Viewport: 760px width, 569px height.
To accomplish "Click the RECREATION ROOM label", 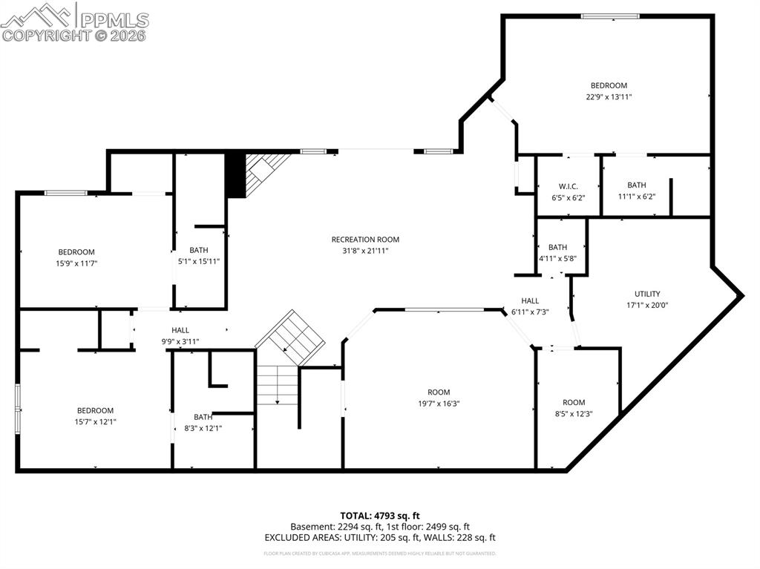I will pos(365,240).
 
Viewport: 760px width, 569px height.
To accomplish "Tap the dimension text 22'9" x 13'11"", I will pos(609,96).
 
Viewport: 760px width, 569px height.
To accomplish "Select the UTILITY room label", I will pos(646,294).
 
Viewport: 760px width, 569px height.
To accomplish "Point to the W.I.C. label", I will pos(568,186).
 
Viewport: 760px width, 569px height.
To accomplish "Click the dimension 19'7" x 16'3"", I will pos(438,404).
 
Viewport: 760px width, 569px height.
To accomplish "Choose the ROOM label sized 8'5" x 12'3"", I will pos(574,403).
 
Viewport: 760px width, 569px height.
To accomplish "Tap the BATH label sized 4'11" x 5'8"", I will pos(557,248).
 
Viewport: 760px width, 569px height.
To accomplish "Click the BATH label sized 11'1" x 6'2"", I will pos(636,185).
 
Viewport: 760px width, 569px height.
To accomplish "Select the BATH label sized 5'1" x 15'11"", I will pos(199,250).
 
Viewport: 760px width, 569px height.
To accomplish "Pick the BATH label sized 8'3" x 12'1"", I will pos(203,417).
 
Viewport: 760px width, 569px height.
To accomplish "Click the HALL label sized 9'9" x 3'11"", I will pos(180,331).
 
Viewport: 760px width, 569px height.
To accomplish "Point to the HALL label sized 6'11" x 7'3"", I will pos(530,301).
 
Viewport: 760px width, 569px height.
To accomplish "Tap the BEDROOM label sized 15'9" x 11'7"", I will pos(76,252).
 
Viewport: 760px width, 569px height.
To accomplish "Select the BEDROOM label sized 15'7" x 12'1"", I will pos(95,411).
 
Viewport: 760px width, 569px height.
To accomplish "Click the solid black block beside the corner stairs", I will pos(235,175).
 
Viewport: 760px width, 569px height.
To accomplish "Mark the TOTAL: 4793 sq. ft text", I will pos(380,516).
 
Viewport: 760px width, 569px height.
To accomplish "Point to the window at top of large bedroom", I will pos(610,16).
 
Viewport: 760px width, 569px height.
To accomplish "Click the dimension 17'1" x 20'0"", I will pos(646,305).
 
